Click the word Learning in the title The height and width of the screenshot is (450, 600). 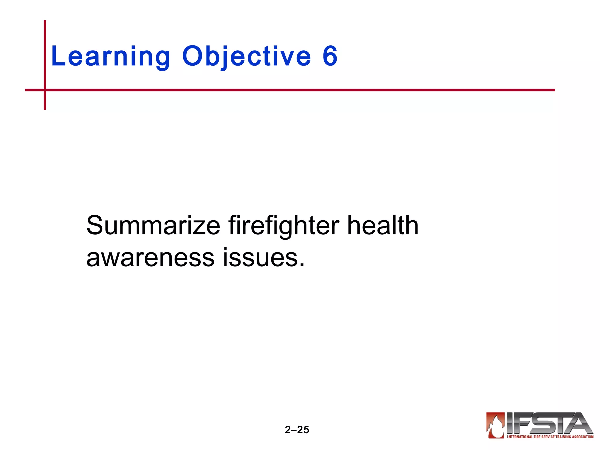[x=110, y=56]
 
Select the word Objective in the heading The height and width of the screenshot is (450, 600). [x=246, y=56]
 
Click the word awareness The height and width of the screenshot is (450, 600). [x=150, y=258]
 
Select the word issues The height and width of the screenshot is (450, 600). [x=260, y=258]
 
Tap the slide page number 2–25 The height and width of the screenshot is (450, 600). [x=297, y=429]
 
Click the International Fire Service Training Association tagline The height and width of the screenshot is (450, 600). [x=550, y=437]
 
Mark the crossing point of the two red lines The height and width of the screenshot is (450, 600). [x=45, y=90]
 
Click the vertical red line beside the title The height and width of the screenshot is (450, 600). [x=45, y=53]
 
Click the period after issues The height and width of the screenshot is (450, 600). [x=302, y=265]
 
